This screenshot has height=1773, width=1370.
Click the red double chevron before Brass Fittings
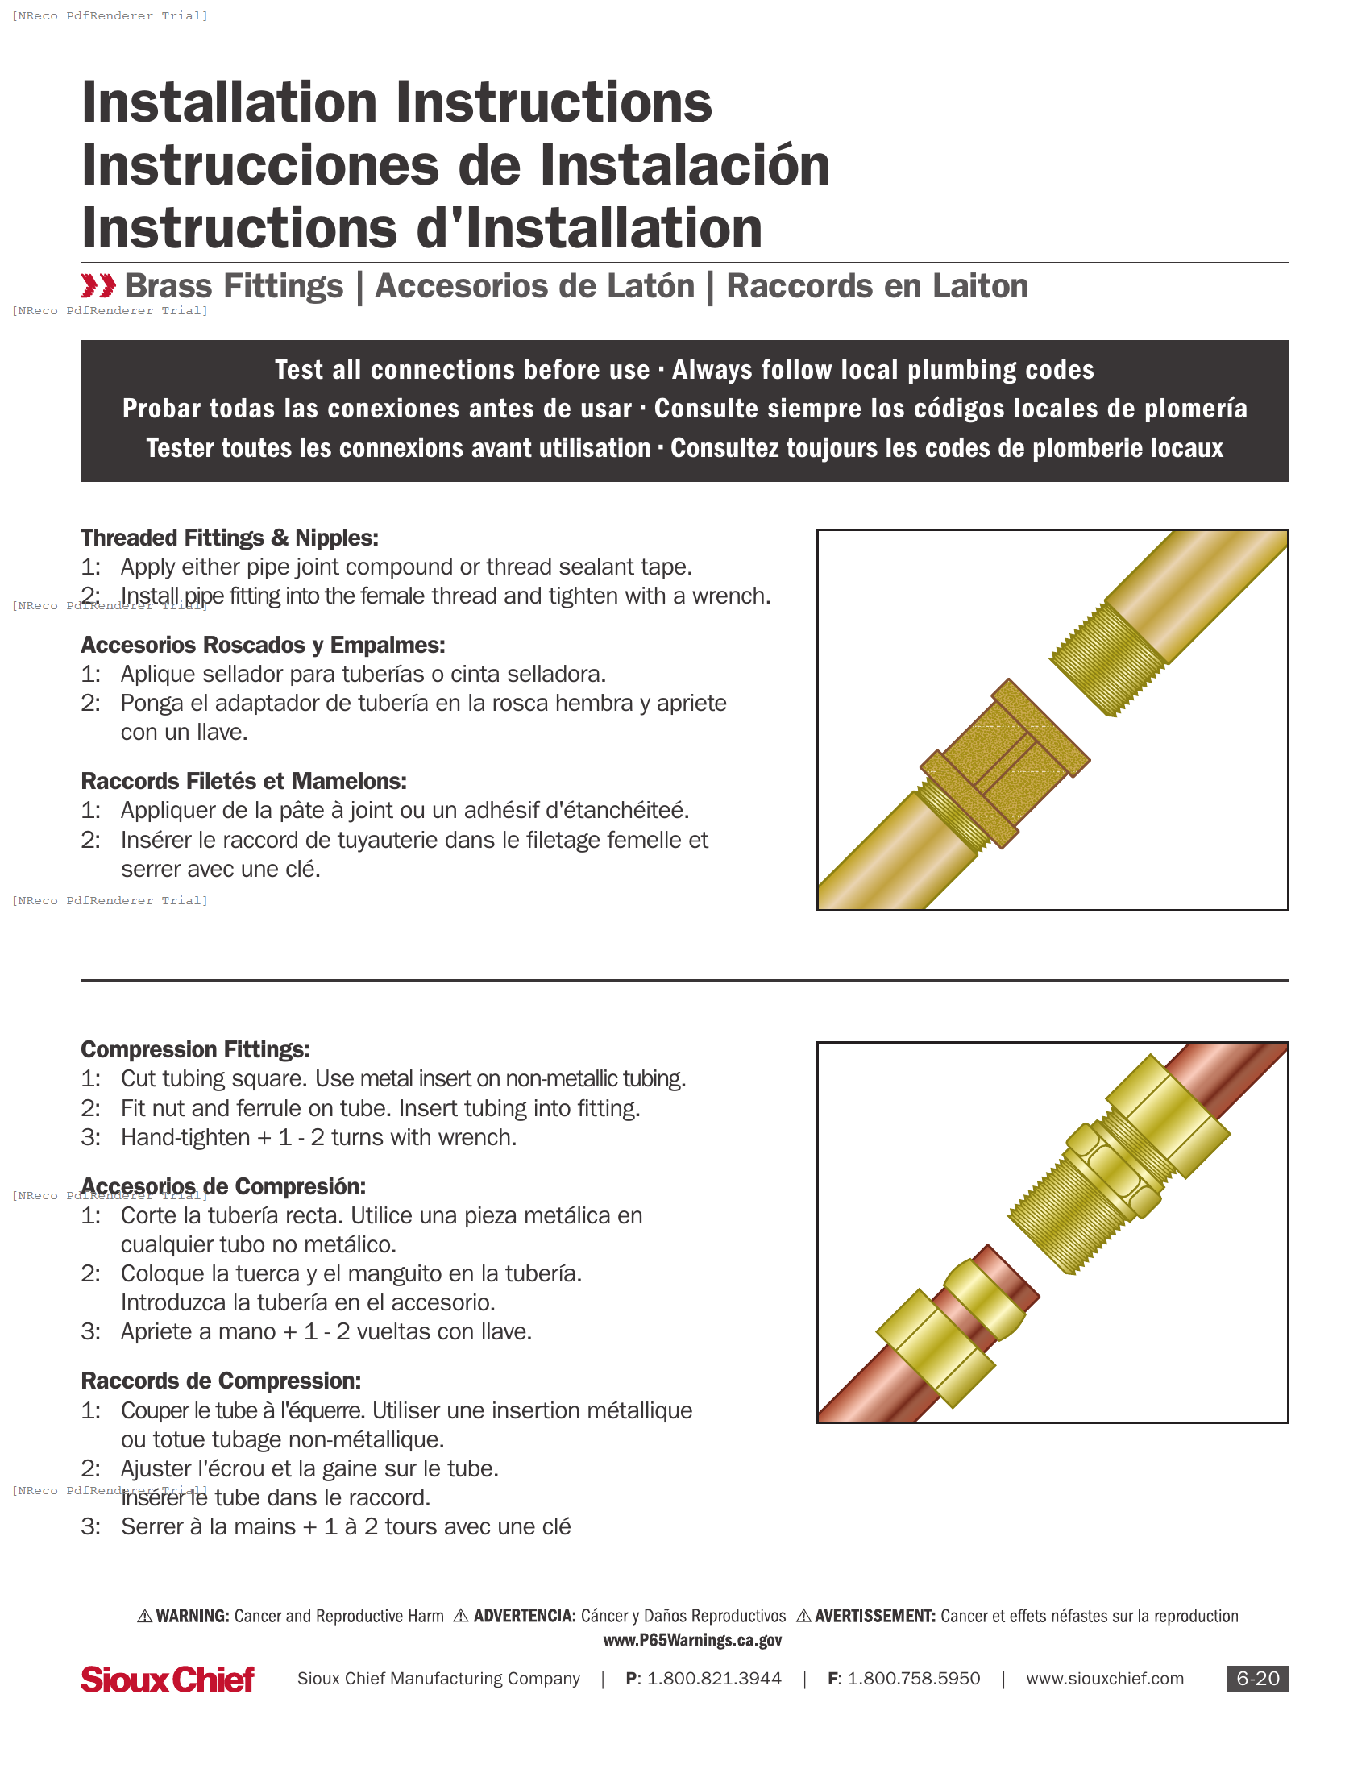(98, 286)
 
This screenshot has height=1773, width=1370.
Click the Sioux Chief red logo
(167, 1679)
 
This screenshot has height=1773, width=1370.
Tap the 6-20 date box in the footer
(1257, 1678)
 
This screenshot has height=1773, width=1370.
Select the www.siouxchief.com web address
(1104, 1678)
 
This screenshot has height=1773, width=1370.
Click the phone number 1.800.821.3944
(713, 1678)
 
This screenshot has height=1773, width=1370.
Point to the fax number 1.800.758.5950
(913, 1678)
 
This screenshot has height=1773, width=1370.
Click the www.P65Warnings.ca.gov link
(692, 1640)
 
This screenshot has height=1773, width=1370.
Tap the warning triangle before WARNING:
(144, 1616)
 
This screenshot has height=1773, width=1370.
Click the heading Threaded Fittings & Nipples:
(230, 538)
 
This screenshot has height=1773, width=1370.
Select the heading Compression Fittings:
(195, 1048)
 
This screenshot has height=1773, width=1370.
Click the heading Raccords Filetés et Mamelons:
(243, 781)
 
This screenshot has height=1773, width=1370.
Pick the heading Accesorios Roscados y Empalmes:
(263, 645)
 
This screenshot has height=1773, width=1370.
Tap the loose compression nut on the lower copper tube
(935, 1347)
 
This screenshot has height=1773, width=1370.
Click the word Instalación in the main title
(684, 165)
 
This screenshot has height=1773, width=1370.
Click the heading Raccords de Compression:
(221, 1380)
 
